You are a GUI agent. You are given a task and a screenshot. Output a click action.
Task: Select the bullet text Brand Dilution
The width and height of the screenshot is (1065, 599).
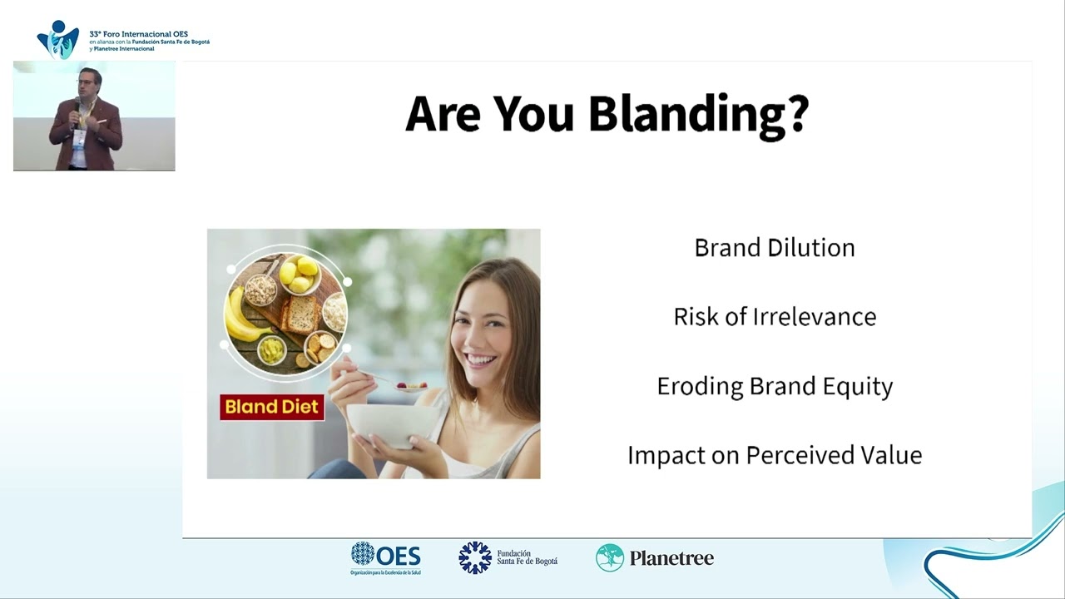coord(775,248)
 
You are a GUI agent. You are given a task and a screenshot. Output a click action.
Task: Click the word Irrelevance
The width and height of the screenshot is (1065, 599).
coord(815,317)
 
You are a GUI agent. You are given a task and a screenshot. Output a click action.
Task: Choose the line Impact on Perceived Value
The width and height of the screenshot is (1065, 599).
coord(775,455)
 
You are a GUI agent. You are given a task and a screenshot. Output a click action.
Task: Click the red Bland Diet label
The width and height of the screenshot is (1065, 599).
coord(272,407)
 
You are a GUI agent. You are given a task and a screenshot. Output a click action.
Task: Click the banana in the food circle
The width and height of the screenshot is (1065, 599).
coord(245,318)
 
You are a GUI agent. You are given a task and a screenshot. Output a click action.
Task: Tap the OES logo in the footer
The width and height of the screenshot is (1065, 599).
coord(385,558)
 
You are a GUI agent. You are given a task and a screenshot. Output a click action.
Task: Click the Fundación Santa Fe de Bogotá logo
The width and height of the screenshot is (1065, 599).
coord(508,557)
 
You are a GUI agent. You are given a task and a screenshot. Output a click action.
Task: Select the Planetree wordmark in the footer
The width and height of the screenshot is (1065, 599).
coord(671,558)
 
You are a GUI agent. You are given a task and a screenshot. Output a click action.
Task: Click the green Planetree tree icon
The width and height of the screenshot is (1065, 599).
coord(610,557)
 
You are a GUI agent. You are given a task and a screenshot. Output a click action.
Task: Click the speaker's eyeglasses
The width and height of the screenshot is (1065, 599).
coord(86,82)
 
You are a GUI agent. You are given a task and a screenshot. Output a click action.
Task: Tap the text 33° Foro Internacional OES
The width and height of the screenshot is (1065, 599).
coord(138,34)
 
